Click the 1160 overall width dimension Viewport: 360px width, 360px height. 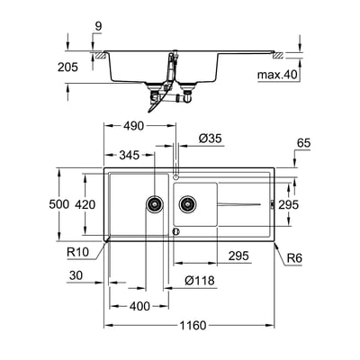193,325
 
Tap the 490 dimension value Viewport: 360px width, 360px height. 134,126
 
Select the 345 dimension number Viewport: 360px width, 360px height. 130,155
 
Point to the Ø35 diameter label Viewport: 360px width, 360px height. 210,139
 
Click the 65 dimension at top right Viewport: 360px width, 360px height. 303,143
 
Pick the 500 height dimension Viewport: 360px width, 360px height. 59,204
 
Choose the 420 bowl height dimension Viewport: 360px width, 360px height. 85,204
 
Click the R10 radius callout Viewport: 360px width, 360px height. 78,252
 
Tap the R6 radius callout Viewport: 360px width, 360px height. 294,257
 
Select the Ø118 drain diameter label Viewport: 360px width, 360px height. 200,281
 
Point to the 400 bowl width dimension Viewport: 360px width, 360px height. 139,306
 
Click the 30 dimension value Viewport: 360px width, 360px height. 76,274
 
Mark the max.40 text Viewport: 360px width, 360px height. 277,75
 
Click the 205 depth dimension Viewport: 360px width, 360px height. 67,67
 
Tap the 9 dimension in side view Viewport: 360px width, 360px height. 98,26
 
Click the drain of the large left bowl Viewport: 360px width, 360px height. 155,204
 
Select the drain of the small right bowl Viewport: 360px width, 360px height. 187,204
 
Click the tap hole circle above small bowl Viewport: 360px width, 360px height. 176,176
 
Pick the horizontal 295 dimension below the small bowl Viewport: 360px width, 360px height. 238,256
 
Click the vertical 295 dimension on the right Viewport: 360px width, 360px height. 289,204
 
